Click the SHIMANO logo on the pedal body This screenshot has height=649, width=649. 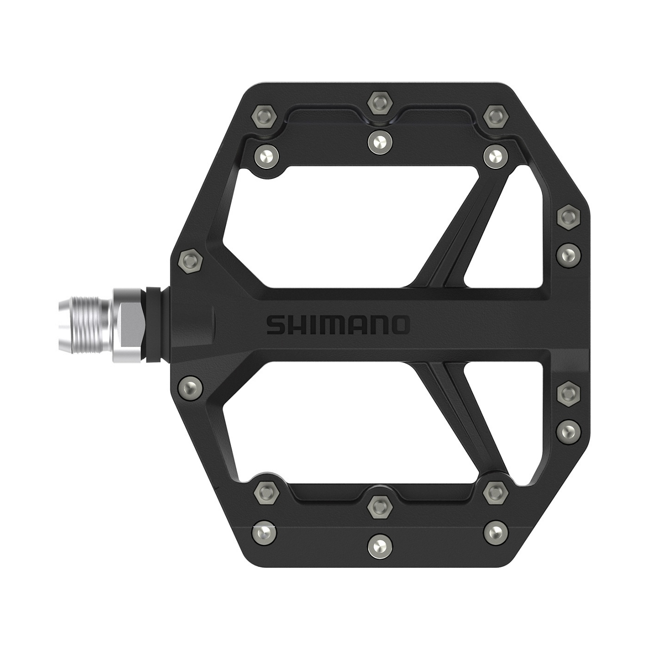coord(337,325)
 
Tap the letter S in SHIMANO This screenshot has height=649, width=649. coord(276,325)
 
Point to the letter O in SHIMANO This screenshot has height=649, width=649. coord(399,325)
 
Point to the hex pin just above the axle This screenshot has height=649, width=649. coord(191,262)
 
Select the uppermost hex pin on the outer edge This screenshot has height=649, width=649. coord(568,217)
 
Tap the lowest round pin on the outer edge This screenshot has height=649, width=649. coord(568,431)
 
